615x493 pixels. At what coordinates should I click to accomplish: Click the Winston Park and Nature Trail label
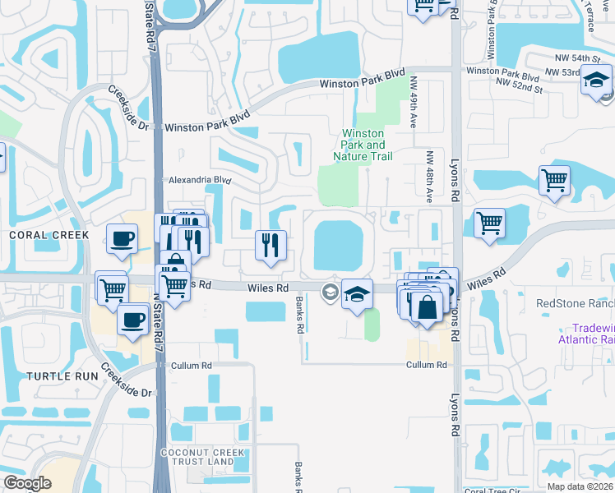(363, 145)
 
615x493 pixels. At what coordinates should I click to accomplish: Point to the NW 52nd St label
(520, 82)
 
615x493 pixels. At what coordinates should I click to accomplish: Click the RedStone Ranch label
(575, 302)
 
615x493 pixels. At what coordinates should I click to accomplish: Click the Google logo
(27, 483)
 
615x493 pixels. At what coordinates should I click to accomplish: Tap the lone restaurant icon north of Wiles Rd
(271, 244)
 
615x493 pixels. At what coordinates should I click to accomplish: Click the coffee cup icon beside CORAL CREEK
(123, 239)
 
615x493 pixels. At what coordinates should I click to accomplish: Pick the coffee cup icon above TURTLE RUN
(133, 319)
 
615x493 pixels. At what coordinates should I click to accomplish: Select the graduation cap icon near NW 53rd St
(596, 80)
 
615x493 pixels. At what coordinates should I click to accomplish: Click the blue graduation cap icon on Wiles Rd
(357, 294)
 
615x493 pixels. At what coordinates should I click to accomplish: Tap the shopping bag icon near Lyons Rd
(428, 308)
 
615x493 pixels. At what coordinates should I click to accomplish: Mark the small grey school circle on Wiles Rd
(331, 291)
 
